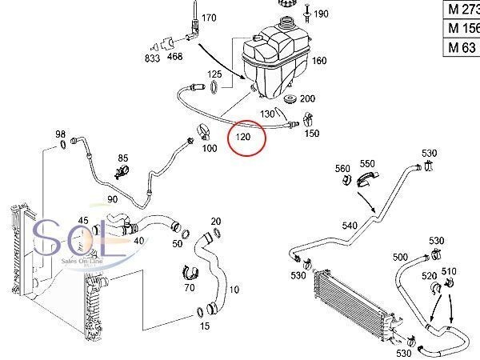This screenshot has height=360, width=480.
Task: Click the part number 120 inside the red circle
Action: pyautogui.click(x=243, y=138)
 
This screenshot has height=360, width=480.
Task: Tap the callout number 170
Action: pyautogui.click(x=208, y=18)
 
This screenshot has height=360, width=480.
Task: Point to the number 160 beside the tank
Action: pyautogui.click(x=319, y=61)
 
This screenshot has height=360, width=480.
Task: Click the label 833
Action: pyautogui.click(x=152, y=58)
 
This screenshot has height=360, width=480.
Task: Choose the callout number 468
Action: pyautogui.click(x=174, y=58)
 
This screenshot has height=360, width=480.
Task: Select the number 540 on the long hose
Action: pyautogui.click(x=350, y=226)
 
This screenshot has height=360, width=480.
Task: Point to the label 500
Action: pyautogui.click(x=401, y=257)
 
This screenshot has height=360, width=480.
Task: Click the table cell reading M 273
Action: pyautogui.click(x=462, y=10)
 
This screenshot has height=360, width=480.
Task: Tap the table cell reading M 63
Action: pyautogui.click(x=460, y=46)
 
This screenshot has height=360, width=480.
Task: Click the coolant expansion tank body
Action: pyautogui.click(x=277, y=60)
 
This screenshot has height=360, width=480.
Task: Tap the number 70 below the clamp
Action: pyautogui.click(x=190, y=286)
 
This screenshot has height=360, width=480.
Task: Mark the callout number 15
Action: pyautogui.click(x=205, y=326)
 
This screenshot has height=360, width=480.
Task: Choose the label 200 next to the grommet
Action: pyautogui.click(x=307, y=98)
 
